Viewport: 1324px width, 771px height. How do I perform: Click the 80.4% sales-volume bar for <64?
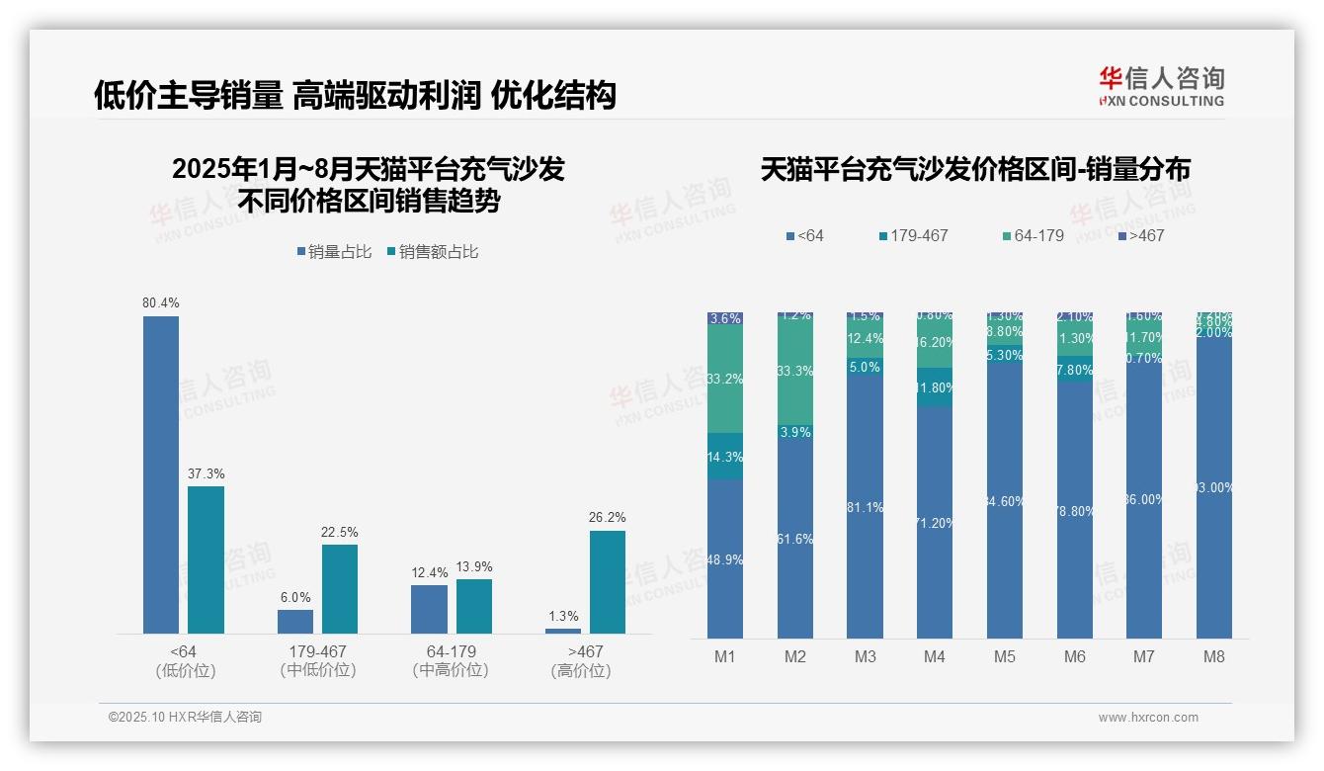coord(161,474)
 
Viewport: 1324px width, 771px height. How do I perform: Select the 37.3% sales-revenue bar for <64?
coord(206,559)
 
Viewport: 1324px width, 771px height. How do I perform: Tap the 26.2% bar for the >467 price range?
coord(608,582)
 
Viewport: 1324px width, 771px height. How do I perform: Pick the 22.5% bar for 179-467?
coord(340,589)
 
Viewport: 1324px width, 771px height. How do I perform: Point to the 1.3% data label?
coord(563,617)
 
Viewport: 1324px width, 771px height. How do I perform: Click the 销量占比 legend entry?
coord(335,252)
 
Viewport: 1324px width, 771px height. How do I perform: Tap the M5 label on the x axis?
coord(1005,656)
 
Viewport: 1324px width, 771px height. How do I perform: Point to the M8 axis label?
coord(1214,656)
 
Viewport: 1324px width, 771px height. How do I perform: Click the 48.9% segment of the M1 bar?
coord(725,559)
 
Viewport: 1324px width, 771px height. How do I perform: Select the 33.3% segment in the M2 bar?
coord(795,372)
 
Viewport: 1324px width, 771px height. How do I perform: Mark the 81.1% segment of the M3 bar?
coord(866,506)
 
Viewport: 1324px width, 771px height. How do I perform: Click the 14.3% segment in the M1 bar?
coord(725,457)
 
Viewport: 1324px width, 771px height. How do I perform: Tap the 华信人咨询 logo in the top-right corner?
coord(1161,86)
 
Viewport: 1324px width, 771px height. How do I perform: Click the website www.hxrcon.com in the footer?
coord(1148,718)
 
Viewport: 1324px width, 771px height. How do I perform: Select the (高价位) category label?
coord(581,671)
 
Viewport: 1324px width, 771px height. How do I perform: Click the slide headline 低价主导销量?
coord(188,95)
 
